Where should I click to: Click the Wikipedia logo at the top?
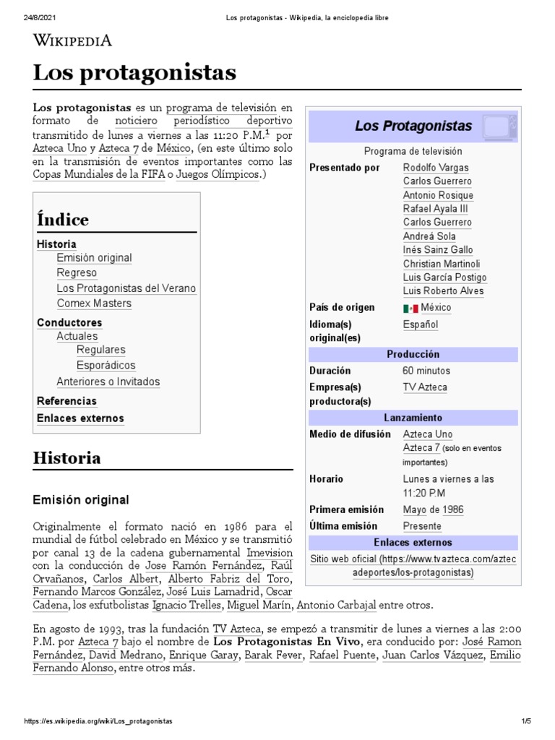[x=72, y=40]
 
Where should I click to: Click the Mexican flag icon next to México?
[x=410, y=309]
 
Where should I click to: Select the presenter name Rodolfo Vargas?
[x=435, y=168]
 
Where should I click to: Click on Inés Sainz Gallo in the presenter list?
[x=437, y=250]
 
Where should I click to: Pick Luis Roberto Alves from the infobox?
[x=443, y=291]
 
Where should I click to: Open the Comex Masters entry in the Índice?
[x=94, y=304]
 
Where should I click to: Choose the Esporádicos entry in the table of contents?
[x=106, y=366]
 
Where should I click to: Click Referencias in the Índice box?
[x=66, y=401]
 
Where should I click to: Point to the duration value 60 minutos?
[x=426, y=371]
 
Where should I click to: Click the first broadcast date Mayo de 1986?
[x=433, y=509]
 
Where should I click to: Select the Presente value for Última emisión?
[x=421, y=526]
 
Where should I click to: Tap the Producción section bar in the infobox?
[x=413, y=355]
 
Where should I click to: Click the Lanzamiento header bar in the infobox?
[x=413, y=418]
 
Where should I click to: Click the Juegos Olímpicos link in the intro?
[x=217, y=176]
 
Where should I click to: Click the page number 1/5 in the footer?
[x=526, y=722]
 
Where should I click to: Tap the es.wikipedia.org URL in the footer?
[x=98, y=722]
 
